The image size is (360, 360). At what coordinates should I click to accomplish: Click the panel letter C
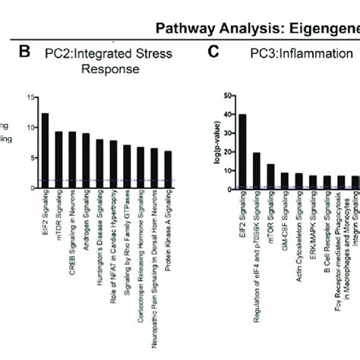tap(213, 52)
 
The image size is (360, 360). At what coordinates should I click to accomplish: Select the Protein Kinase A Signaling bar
tap(168, 168)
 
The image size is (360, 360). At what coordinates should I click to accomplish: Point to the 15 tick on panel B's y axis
tap(30, 97)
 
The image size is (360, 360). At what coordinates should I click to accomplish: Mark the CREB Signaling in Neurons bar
tap(72, 159)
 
